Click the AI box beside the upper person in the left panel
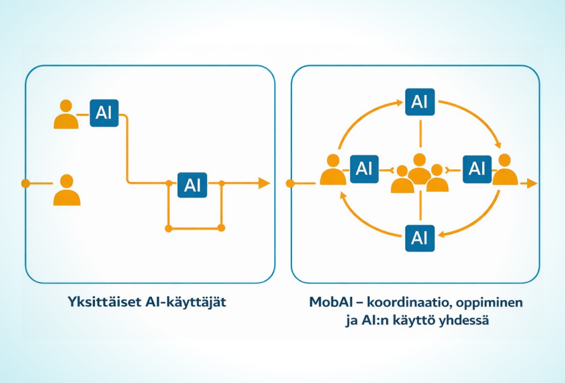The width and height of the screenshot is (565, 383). pyautogui.click(x=104, y=113)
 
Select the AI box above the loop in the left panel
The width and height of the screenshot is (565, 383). pyautogui.click(x=193, y=184)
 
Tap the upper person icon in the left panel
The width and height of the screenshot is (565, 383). pyautogui.click(x=66, y=114)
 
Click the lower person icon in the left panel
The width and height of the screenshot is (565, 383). pyautogui.click(x=67, y=190)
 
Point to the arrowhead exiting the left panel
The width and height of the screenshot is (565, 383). pyautogui.click(x=264, y=183)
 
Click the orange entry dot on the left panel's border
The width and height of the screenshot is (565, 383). pyautogui.click(x=26, y=183)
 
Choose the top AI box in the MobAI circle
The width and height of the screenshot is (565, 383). pyautogui.click(x=419, y=101)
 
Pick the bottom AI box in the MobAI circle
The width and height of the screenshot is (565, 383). pyautogui.click(x=419, y=237)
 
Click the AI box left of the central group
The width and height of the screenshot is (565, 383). pyautogui.click(x=363, y=169)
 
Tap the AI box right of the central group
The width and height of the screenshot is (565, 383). pyautogui.click(x=477, y=169)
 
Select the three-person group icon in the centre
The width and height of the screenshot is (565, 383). pyautogui.click(x=419, y=174)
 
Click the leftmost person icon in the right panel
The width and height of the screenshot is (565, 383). pyautogui.click(x=333, y=170)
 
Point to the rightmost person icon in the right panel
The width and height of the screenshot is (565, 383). pyautogui.click(x=505, y=170)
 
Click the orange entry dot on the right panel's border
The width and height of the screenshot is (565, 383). pyautogui.click(x=290, y=183)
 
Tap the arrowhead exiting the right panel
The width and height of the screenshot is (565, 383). pyautogui.click(x=532, y=183)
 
